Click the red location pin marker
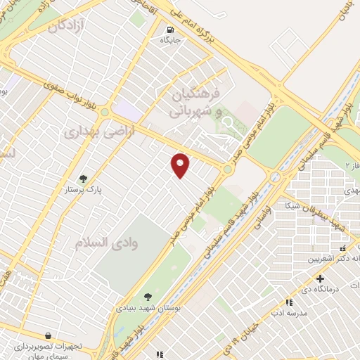pyautogui.click(x=181, y=165)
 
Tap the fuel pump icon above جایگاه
pyautogui.click(x=170, y=30)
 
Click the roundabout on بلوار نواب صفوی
pyautogui.click(x=105, y=111)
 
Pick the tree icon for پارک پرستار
pyautogui.click(x=84, y=179)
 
